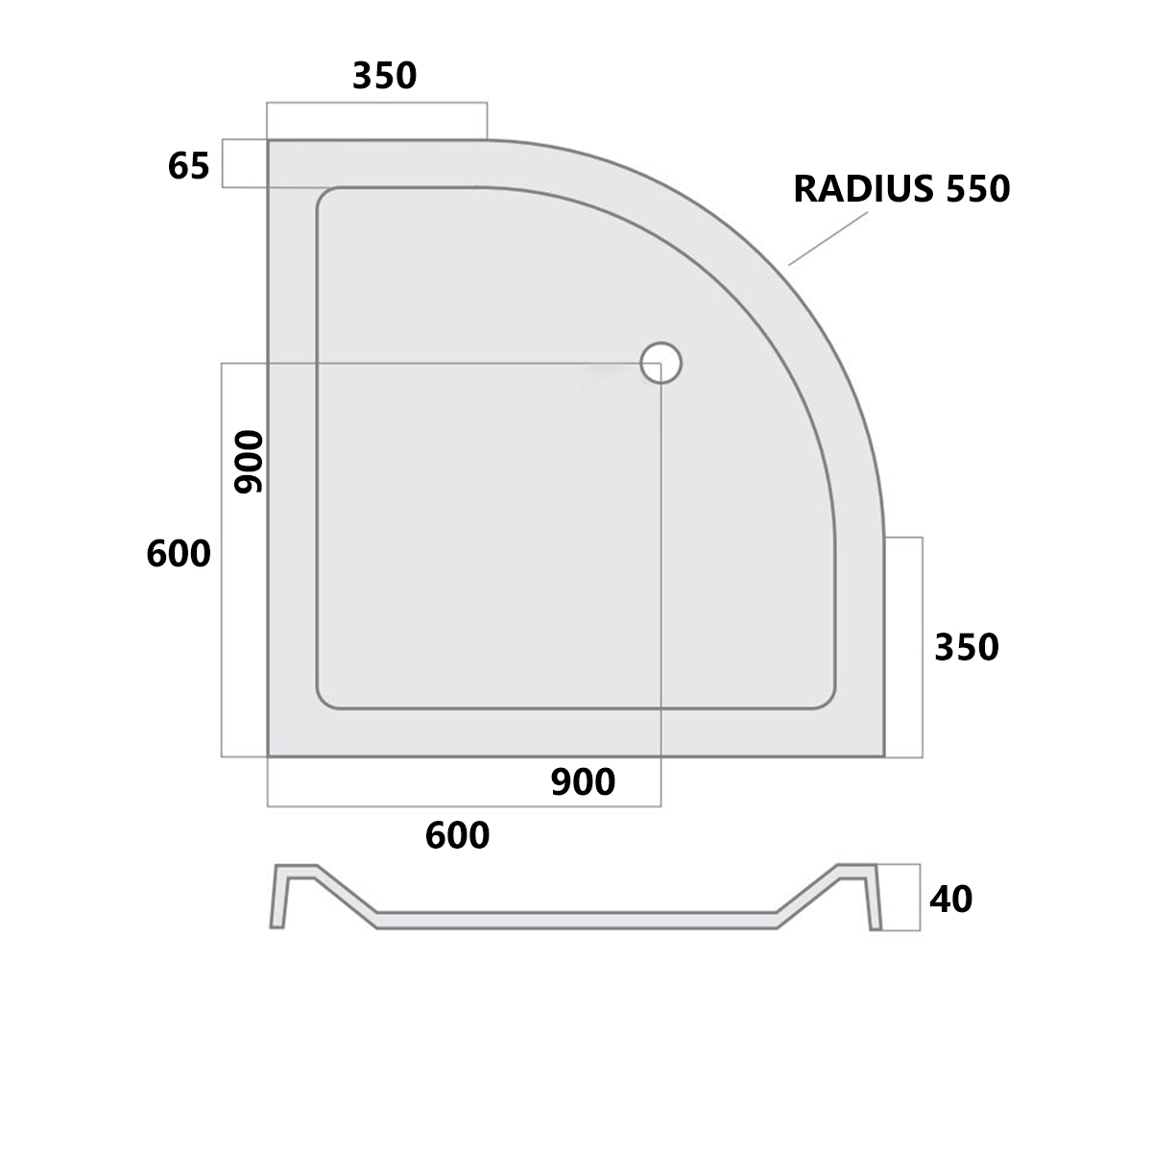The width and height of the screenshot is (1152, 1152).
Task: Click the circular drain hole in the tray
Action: point(660,364)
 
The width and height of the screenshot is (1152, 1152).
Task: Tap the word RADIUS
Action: point(863,189)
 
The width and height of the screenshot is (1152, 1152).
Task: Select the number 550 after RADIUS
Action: point(978,189)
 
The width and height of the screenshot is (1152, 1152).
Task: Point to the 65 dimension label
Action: point(188,167)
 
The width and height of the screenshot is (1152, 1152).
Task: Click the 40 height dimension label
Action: point(950,900)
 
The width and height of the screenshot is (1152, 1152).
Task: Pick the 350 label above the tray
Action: point(384,76)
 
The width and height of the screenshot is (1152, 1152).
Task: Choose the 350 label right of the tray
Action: point(966,648)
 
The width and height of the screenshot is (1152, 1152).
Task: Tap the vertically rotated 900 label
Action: point(249,462)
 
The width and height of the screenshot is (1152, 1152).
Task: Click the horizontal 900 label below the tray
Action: point(583,783)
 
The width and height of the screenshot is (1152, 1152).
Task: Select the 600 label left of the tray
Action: point(179,554)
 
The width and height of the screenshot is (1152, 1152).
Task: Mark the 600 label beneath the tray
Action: point(457,836)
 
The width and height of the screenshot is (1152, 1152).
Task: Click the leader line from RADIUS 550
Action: point(828,238)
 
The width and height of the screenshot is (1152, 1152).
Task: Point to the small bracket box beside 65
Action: point(245,163)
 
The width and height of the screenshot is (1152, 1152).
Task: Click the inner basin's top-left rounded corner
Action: point(327,198)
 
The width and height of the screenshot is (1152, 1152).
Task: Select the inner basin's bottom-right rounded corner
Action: point(824,699)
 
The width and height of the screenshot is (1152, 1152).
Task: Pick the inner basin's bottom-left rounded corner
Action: point(327,699)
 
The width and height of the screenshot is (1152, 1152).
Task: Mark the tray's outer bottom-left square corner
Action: point(269,756)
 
